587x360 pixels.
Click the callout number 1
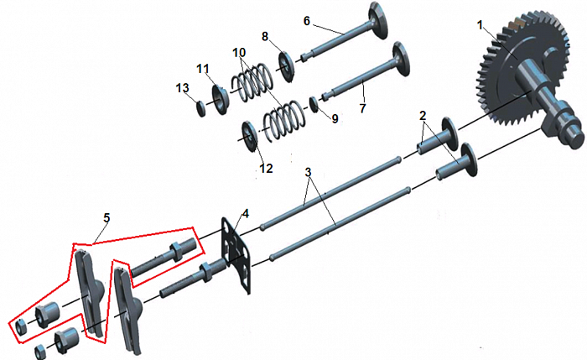(480, 25)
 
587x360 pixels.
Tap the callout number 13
(183, 88)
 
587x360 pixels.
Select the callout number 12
(266, 169)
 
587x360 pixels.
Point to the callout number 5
(107, 218)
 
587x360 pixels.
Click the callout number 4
(245, 214)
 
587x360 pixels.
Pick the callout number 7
(362, 108)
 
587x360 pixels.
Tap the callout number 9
(335, 119)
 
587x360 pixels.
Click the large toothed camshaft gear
(525, 75)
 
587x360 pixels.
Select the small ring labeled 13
(201, 108)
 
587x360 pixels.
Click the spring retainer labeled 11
(221, 100)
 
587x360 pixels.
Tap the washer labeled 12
(250, 136)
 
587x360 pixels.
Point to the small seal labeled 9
(314, 104)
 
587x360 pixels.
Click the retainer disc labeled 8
(287, 66)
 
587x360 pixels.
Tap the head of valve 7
(401, 60)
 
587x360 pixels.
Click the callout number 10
(240, 52)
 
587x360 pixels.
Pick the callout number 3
(308, 172)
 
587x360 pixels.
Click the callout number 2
(423, 116)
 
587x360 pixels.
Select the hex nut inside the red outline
(19, 327)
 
